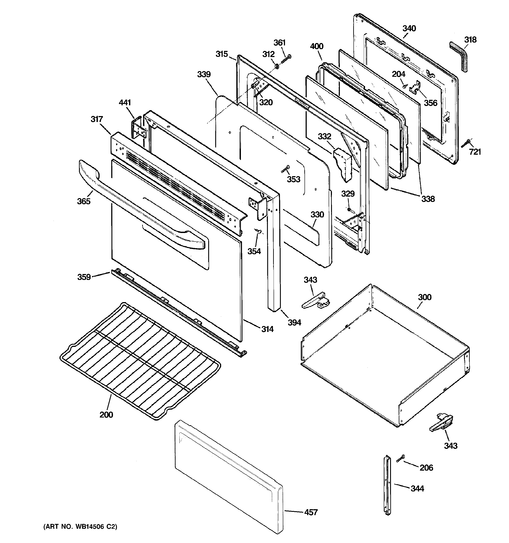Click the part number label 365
click(x=84, y=201)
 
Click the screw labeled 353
click(x=285, y=169)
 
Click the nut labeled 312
click(x=276, y=66)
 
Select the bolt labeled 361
click(x=286, y=59)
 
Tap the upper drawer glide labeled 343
click(x=315, y=300)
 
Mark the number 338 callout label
click(x=428, y=199)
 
